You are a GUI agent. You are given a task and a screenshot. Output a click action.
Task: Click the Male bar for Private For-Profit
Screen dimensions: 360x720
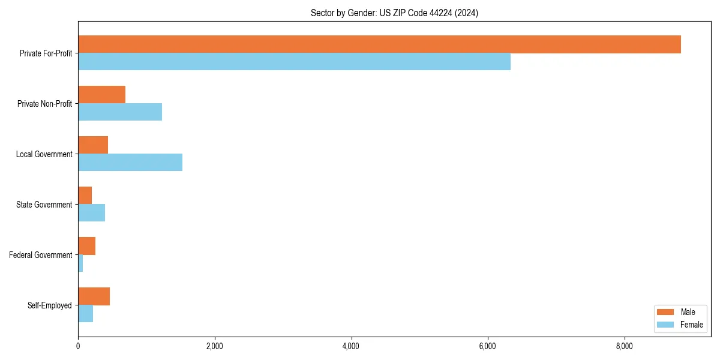pyautogui.click(x=379, y=44)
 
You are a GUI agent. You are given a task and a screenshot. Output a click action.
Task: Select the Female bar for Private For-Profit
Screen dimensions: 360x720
pyautogui.click(x=294, y=62)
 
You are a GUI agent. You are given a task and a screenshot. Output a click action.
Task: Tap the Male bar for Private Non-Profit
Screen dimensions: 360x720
pyautogui.click(x=101, y=95)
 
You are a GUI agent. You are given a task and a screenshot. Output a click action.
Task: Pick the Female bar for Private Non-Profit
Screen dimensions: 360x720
pyautogui.click(x=120, y=112)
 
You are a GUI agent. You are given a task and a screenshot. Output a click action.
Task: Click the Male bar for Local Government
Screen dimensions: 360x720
pyautogui.click(x=93, y=145)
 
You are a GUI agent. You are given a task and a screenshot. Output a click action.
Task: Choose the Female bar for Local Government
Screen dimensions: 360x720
pyautogui.click(x=130, y=163)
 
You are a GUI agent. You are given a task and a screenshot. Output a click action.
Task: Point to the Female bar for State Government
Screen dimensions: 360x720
pyautogui.click(x=91, y=213)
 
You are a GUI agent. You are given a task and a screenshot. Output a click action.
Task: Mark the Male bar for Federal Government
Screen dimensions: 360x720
pyautogui.click(x=86, y=246)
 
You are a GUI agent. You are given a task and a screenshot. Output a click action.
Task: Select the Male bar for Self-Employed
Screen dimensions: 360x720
pyautogui.click(x=94, y=296)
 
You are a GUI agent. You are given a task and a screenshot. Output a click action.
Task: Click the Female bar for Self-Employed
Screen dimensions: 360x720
pyautogui.click(x=85, y=314)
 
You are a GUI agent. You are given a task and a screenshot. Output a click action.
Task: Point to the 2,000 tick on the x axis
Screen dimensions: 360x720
pyautogui.click(x=214, y=346)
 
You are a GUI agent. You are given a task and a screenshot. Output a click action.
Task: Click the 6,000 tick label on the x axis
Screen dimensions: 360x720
pyautogui.click(x=488, y=346)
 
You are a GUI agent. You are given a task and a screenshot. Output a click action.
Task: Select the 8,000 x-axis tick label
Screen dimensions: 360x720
pyautogui.click(x=625, y=346)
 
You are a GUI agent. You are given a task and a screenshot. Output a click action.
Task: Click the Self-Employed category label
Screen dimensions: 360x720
pyautogui.click(x=50, y=305)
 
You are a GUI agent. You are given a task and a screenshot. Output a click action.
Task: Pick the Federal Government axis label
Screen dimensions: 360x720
pyautogui.click(x=41, y=255)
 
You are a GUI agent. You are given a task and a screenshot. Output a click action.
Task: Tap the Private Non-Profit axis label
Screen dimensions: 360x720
pyautogui.click(x=44, y=104)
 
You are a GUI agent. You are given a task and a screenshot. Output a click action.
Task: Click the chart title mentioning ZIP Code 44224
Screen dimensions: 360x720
pyautogui.click(x=394, y=13)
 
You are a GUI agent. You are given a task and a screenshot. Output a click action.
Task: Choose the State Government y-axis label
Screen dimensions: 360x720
pyautogui.click(x=44, y=205)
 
